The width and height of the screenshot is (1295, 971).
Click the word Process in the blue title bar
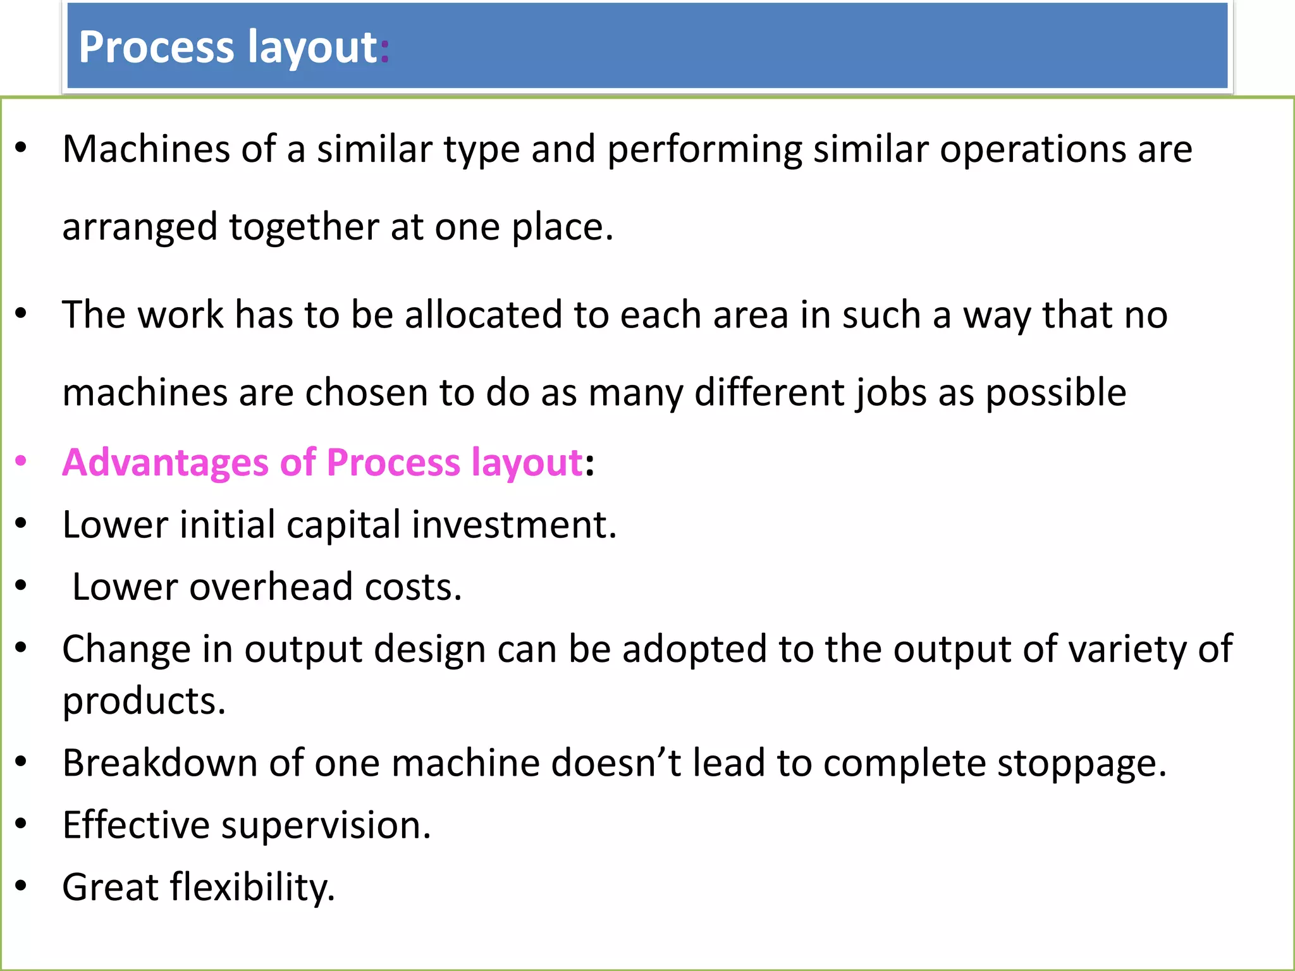click(x=157, y=47)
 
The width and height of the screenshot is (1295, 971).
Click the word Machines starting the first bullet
click(x=146, y=150)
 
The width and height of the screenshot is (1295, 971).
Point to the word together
click(x=304, y=227)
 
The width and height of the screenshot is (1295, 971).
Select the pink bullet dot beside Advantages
click(x=21, y=461)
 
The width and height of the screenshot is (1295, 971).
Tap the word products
click(x=144, y=702)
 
